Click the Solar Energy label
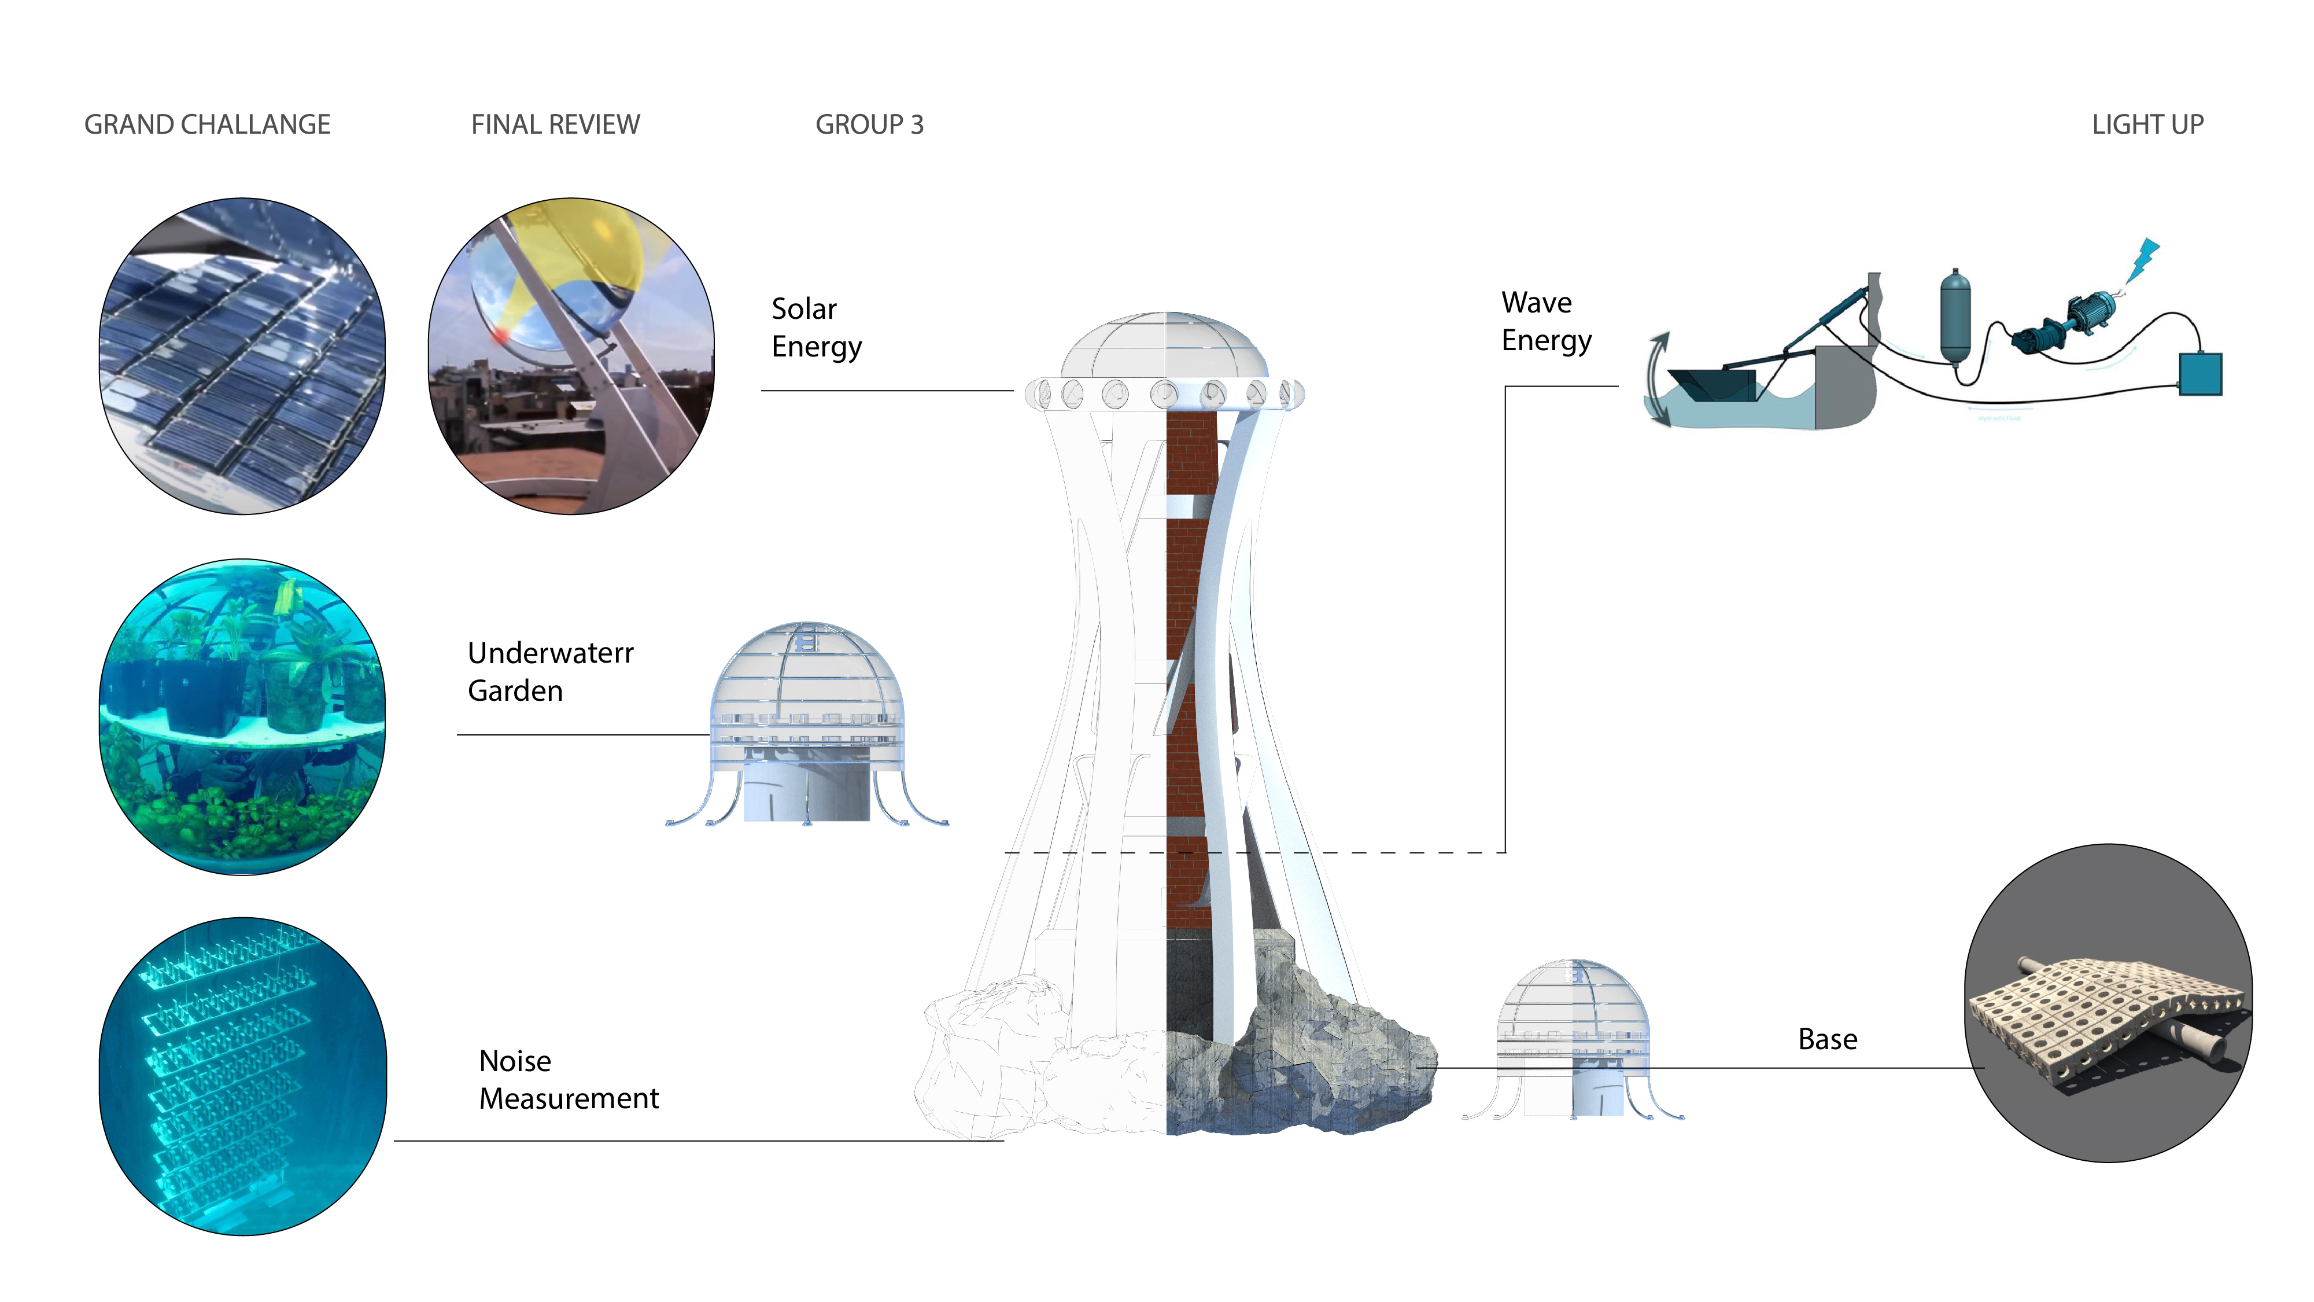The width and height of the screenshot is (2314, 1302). pos(815,327)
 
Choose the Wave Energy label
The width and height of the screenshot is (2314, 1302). pos(1545,321)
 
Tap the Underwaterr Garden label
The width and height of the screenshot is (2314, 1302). pos(550,671)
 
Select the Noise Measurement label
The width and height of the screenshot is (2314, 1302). pos(568,1079)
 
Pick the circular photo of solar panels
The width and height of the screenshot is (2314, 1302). pos(242,356)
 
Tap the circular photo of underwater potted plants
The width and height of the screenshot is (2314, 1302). pos(242,716)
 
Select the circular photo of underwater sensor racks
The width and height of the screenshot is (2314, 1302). pos(242,1076)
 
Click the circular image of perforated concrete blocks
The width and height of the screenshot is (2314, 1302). pos(2108,1003)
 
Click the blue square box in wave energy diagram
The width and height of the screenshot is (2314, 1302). pos(2200,374)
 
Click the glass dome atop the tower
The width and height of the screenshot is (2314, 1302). pos(1164,346)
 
